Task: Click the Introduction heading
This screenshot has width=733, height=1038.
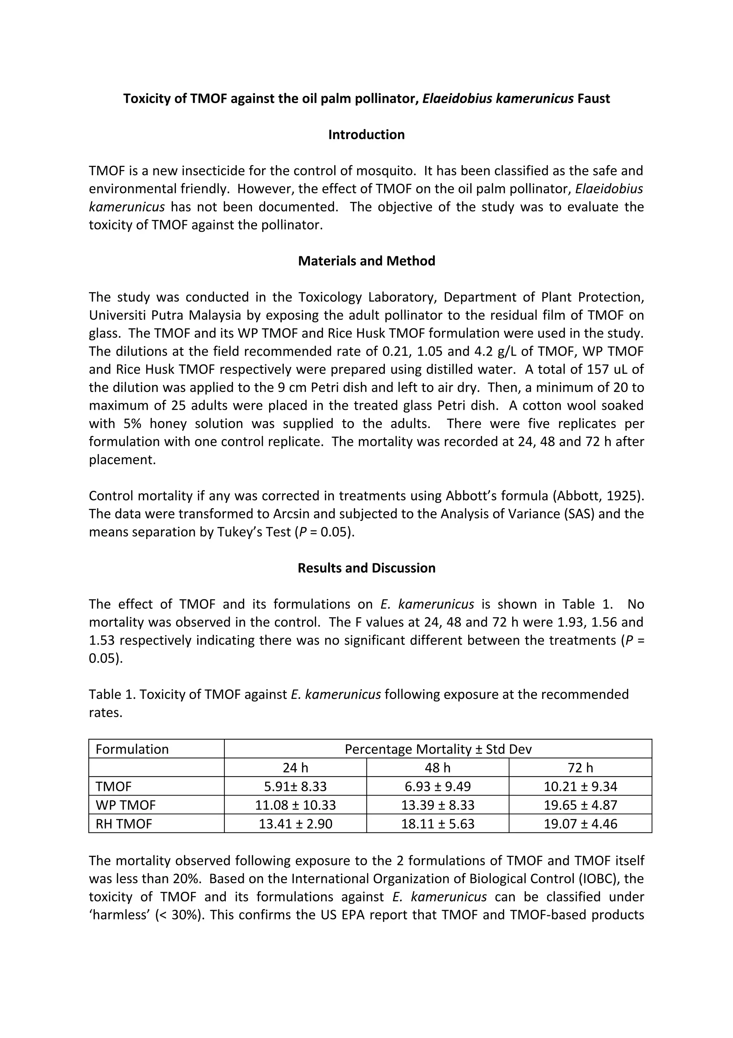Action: coord(366,135)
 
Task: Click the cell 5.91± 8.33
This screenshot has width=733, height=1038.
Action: coord(295,787)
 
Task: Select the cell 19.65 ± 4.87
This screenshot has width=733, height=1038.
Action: coord(580,805)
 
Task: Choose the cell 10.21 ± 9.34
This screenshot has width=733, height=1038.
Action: coord(580,787)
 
